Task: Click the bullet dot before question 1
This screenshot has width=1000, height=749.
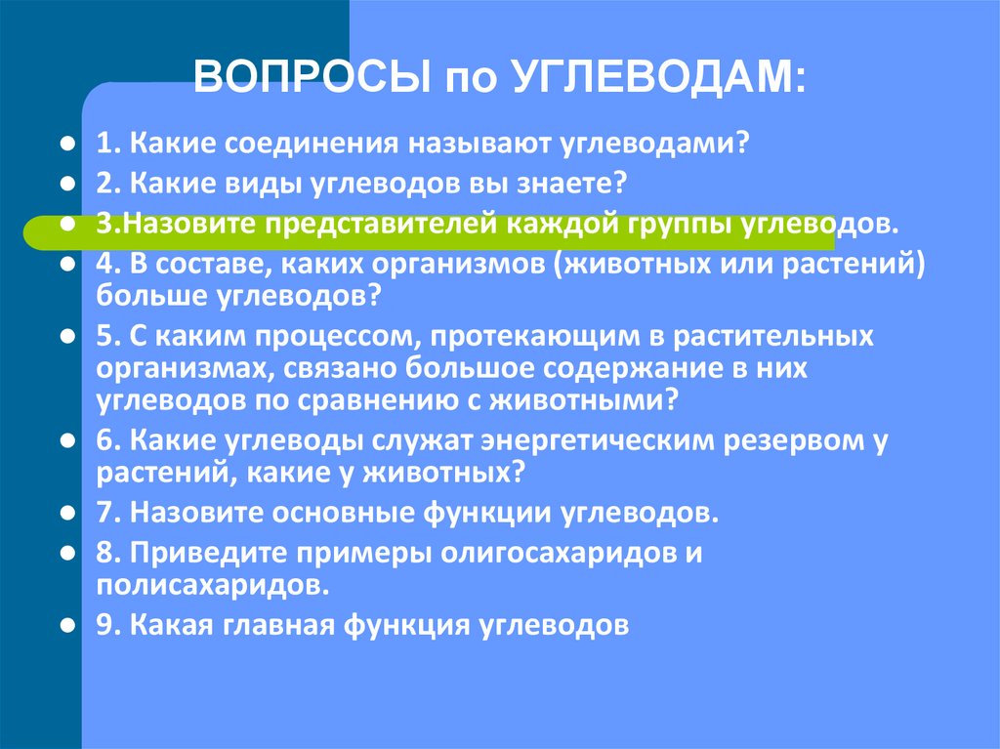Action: pyautogui.click(x=68, y=144)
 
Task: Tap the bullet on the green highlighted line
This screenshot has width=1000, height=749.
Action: pyautogui.click(x=68, y=223)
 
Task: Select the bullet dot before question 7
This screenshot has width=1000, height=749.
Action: pyautogui.click(x=68, y=512)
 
